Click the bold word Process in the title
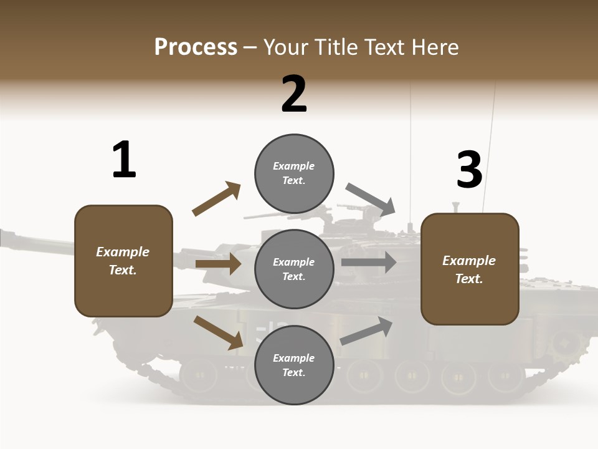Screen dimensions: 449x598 coord(196,47)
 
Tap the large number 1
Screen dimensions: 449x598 coord(124,160)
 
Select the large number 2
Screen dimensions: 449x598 coord(294,95)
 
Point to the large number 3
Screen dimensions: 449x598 coord(469,170)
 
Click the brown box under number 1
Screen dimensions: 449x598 coord(123,261)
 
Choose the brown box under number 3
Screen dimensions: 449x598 coord(470,269)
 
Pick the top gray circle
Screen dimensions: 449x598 coord(294,173)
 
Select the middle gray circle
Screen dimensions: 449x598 coord(294,269)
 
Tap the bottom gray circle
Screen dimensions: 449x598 coord(294,365)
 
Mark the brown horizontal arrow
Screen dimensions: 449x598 coord(218,264)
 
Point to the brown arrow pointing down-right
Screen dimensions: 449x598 coord(219,332)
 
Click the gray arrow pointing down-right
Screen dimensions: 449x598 coord(371,199)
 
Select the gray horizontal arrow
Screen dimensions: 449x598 coord(369,263)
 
